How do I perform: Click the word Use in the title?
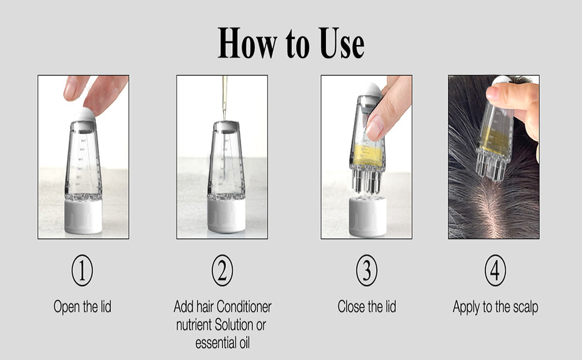click(342, 43)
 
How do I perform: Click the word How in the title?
click(247, 43)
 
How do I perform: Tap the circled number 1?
click(82, 270)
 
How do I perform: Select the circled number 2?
click(223, 270)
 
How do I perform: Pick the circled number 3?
click(367, 270)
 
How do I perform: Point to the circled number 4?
click(495, 270)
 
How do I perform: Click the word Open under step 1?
click(67, 307)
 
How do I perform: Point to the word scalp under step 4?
click(526, 308)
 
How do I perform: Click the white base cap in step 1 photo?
click(83, 217)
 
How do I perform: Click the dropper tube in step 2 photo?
click(224, 97)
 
